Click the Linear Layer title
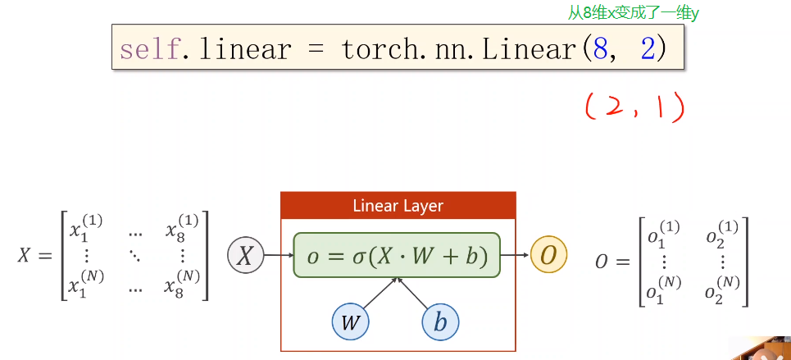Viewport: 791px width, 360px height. [398, 205]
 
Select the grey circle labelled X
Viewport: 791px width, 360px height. [244, 256]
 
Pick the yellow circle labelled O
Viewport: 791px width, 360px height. [548, 256]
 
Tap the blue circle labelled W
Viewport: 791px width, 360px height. [351, 321]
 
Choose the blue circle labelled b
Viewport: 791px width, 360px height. [440, 321]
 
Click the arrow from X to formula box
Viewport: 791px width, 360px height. [279, 256]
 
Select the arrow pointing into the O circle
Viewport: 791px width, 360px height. [516, 256]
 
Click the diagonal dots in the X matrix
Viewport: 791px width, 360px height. [134, 257]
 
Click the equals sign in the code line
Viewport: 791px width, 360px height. [316, 49]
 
